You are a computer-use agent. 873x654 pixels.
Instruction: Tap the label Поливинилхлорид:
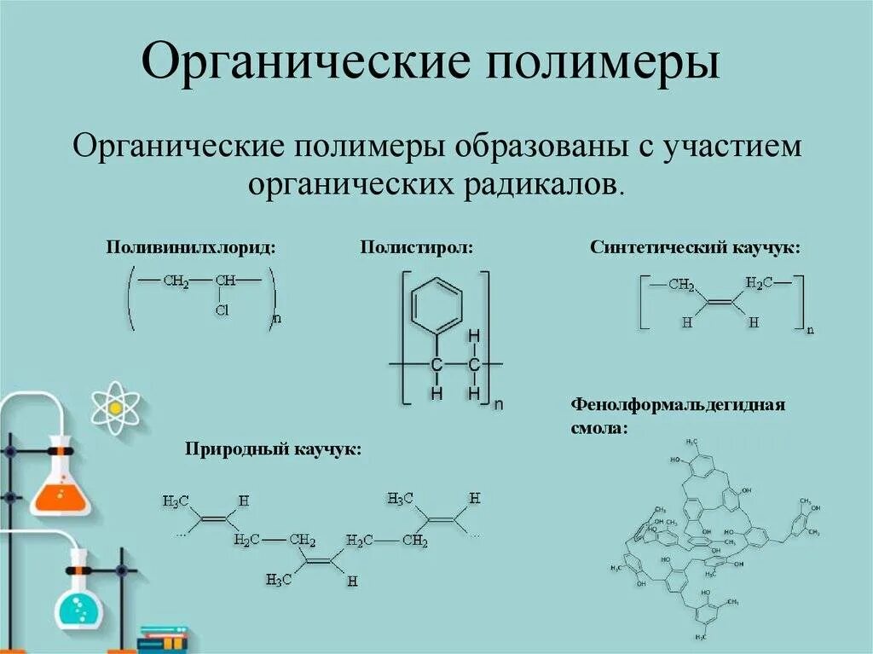(x=191, y=247)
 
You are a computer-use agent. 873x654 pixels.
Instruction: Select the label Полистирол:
(x=416, y=247)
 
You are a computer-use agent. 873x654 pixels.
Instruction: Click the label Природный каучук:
(x=273, y=449)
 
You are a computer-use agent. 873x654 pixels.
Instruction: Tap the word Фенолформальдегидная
(x=678, y=403)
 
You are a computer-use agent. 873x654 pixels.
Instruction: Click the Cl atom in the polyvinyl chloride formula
(x=223, y=311)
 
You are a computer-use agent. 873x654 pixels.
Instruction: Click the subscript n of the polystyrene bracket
(x=499, y=405)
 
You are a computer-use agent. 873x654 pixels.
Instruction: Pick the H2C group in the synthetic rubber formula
(x=759, y=282)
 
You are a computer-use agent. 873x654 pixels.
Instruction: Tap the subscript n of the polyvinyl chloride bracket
(x=276, y=319)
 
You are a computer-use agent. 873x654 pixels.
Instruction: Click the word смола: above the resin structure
(x=598, y=426)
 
